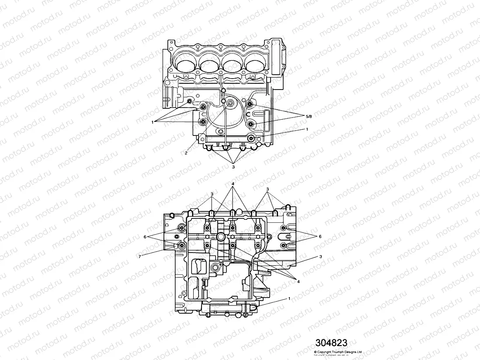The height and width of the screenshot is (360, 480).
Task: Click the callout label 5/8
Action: [x=309, y=116]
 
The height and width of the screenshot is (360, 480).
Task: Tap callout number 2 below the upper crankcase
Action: [x=186, y=153]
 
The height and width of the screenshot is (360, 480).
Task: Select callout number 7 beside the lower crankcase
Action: [x=140, y=256]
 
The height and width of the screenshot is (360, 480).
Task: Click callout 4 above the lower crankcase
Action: [x=233, y=183]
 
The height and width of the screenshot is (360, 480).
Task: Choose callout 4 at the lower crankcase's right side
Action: [x=299, y=282]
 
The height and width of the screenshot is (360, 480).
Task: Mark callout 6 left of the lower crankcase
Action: [x=145, y=236]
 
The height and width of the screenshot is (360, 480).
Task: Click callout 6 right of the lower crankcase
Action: [x=320, y=236]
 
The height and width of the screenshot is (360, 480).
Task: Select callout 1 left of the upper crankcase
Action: [x=153, y=122]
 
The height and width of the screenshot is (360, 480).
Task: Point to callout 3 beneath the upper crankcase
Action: [x=233, y=166]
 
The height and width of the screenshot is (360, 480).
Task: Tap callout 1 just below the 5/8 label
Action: [x=307, y=129]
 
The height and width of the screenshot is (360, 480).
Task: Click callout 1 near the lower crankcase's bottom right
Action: [x=289, y=298]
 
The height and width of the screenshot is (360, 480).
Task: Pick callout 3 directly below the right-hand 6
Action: [x=320, y=256]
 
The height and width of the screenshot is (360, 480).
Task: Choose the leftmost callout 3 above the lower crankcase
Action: [x=212, y=194]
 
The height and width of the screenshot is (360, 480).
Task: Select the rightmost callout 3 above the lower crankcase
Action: [x=267, y=190]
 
